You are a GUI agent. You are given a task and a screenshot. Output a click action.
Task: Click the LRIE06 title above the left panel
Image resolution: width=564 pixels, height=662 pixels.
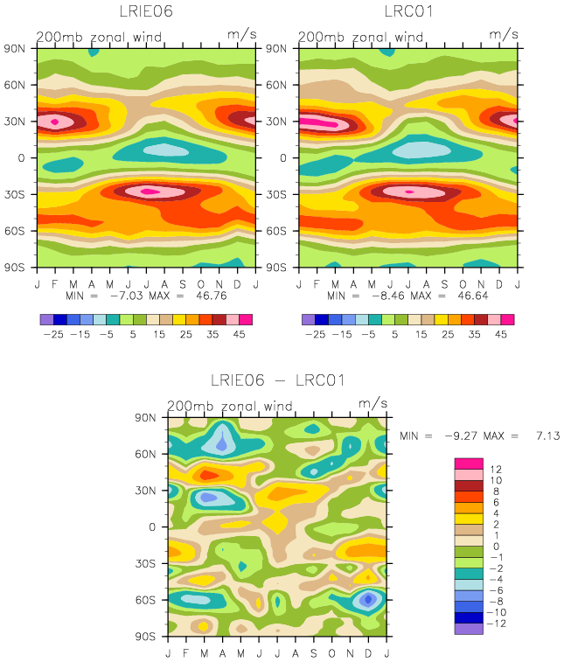[146, 11]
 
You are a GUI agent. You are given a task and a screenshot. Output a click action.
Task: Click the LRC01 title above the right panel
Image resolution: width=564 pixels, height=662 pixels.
[408, 11]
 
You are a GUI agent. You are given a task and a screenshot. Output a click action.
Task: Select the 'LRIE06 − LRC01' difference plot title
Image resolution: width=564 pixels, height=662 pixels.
[278, 380]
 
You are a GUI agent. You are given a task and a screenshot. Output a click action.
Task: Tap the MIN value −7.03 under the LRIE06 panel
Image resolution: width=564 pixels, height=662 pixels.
[127, 296]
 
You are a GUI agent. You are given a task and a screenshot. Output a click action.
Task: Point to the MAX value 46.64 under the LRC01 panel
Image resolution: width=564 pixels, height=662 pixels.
[473, 296]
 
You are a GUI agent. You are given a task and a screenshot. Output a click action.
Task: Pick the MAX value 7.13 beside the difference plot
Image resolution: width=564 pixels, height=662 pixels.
[548, 436]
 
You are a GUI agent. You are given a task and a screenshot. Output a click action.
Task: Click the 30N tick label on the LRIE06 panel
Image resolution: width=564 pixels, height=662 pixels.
[15, 122]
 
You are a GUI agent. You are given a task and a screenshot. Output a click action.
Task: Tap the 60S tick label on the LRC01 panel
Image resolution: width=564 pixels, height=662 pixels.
[276, 231]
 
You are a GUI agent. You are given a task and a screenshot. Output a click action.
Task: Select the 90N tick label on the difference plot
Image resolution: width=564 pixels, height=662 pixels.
[146, 417]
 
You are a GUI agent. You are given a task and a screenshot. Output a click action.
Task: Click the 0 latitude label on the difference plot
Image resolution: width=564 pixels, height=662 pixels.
[152, 527]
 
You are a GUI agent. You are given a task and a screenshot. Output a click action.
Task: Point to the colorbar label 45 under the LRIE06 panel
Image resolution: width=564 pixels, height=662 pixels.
[239, 334]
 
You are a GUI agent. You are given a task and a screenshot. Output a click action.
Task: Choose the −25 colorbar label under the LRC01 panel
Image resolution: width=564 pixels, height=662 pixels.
[315, 334]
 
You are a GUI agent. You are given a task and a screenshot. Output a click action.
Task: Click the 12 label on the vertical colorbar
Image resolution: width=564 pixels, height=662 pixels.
[496, 469]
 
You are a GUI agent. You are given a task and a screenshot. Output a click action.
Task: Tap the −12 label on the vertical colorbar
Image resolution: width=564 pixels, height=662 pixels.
[496, 624]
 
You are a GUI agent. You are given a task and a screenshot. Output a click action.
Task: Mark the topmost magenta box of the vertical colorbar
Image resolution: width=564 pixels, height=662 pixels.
[469, 463]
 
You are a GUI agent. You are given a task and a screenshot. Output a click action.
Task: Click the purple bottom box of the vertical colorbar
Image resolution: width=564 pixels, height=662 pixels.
[469, 629]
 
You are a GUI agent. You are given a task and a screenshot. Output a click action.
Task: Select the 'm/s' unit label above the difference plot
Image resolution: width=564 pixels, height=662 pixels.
[373, 403]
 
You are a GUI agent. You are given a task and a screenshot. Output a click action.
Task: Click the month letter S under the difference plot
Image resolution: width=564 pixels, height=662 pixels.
[314, 653]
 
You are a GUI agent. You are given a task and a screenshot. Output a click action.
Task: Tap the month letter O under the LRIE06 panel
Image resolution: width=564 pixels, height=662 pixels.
[201, 284]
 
